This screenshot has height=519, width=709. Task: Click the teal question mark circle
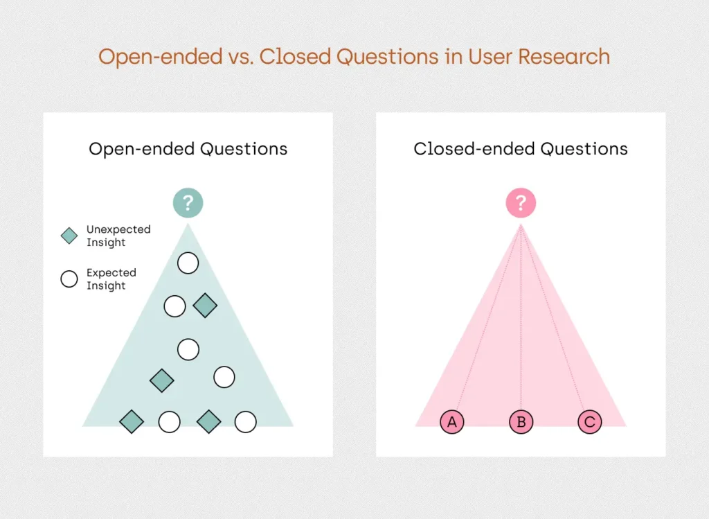click(188, 203)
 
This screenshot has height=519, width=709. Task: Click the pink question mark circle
click(521, 203)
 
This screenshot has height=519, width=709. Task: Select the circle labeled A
click(451, 422)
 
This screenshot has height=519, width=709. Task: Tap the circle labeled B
click(521, 422)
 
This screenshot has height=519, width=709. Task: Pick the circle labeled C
click(590, 422)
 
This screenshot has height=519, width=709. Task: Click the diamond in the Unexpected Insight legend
click(69, 236)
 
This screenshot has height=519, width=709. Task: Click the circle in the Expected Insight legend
click(69, 279)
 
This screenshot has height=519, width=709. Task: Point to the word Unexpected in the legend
click(118, 229)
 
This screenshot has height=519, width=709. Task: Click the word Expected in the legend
click(111, 273)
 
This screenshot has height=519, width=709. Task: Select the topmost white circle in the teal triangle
click(188, 263)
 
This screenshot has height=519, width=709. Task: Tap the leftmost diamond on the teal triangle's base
click(132, 422)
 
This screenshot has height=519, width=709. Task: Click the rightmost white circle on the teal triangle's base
click(246, 422)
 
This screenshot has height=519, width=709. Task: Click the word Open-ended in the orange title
click(161, 58)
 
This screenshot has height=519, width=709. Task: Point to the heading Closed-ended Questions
click(521, 149)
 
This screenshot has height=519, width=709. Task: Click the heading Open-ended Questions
click(188, 149)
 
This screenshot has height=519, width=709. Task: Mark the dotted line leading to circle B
click(521, 317)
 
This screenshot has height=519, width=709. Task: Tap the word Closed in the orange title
click(296, 57)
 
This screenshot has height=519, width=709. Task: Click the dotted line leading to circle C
click(552, 317)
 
